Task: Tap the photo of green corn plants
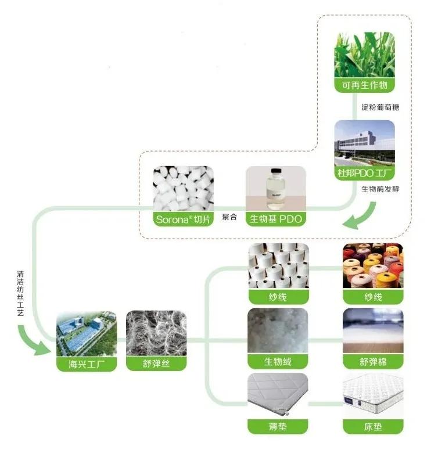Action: pyautogui.click(x=364, y=56)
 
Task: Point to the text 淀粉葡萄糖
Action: pyautogui.click(x=380, y=107)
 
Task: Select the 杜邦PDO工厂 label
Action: pyautogui.click(x=364, y=173)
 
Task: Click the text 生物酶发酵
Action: pyautogui.click(x=380, y=189)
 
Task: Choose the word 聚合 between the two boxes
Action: pyautogui.click(x=230, y=217)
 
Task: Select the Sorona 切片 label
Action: pyautogui.click(x=183, y=219)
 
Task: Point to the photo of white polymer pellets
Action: pyautogui.click(x=183, y=189)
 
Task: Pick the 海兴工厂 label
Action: pyautogui.click(x=87, y=364)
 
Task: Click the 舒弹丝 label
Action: pyautogui.click(x=156, y=364)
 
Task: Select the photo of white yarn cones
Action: pyautogui.click(x=278, y=267)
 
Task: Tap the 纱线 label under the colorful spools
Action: pyautogui.click(x=372, y=297)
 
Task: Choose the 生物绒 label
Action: pyautogui.click(x=278, y=362)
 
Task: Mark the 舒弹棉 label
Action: pyautogui.click(x=372, y=362)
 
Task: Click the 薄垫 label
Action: pyautogui.click(x=278, y=427)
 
